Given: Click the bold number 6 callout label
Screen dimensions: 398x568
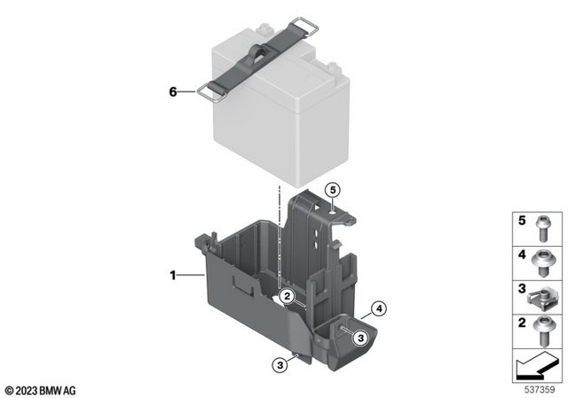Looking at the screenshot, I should (174, 90).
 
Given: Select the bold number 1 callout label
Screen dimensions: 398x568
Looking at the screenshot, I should (174, 277).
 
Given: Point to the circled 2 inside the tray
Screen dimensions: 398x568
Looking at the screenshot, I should (286, 296).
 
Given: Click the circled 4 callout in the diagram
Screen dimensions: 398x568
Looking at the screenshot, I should (377, 309).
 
